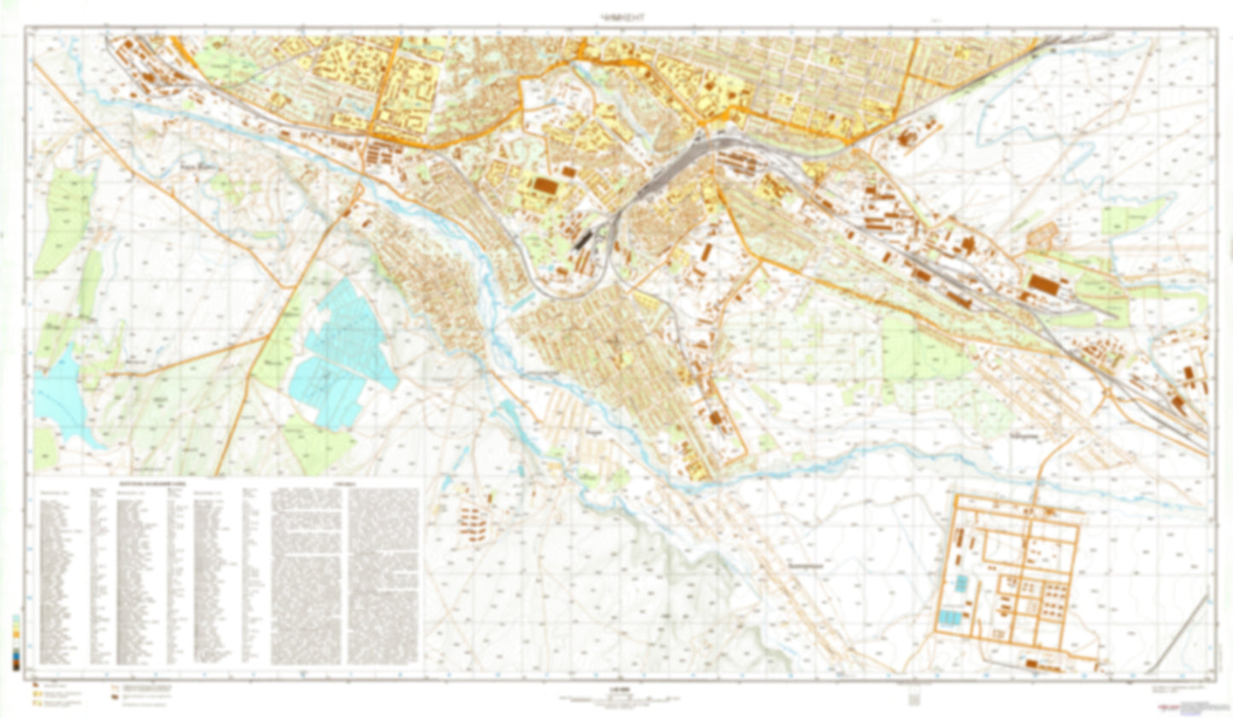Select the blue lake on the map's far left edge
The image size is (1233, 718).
[56, 398]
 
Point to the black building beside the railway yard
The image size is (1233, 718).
[583, 238]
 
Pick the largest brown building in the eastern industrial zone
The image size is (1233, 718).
[1043, 284]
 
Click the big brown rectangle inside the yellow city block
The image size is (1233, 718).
[543, 184]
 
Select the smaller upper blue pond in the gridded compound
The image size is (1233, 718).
[962, 583]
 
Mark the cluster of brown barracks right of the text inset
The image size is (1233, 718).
[470, 522]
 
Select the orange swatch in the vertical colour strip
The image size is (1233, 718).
[17, 637]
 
